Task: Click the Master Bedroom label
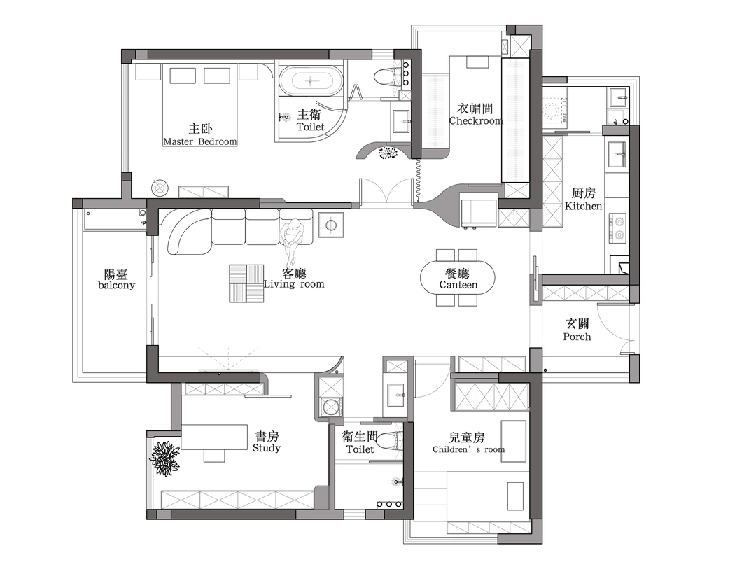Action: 200,141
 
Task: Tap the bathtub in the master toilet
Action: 311,81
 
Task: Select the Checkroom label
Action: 475,121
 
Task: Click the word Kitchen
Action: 583,206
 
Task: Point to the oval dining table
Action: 458,278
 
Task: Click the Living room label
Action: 294,284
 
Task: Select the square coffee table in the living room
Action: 246,283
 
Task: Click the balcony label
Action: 116,286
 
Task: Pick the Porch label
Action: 577,337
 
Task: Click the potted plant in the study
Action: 165,458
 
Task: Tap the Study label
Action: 266,449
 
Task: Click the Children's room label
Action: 468,450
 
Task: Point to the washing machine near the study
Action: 330,407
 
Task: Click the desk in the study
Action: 215,437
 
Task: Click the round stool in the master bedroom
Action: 160,187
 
